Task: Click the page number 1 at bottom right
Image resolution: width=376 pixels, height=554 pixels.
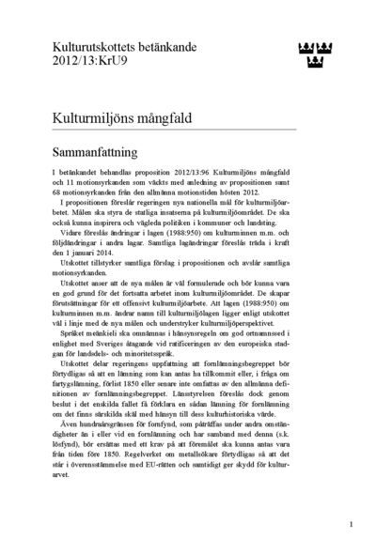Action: click(351, 525)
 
